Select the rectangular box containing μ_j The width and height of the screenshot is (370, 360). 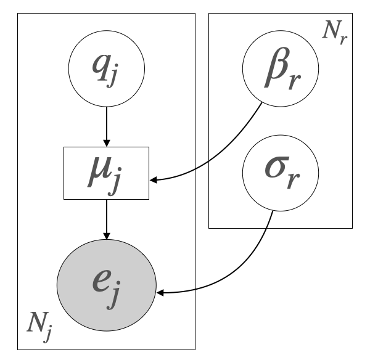[107, 173]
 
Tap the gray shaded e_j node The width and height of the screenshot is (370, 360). [107, 287]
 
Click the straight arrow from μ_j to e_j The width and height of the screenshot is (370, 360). [107, 219]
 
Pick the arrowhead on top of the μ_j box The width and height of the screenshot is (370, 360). [107, 143]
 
